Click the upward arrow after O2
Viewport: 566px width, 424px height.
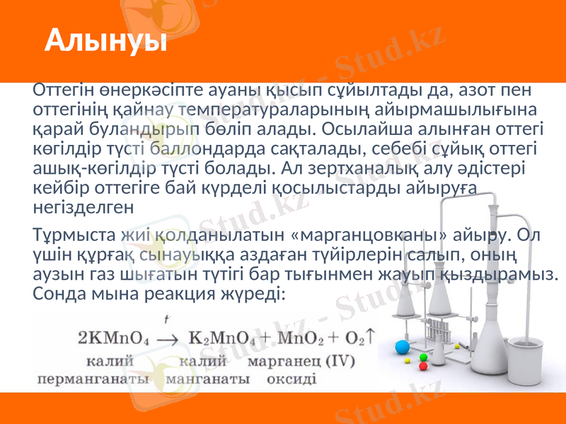click(x=371, y=337)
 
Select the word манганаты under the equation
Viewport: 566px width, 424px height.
click(x=208, y=378)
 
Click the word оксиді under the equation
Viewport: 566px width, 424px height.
click(x=291, y=378)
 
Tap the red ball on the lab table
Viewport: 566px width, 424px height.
click(x=423, y=366)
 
